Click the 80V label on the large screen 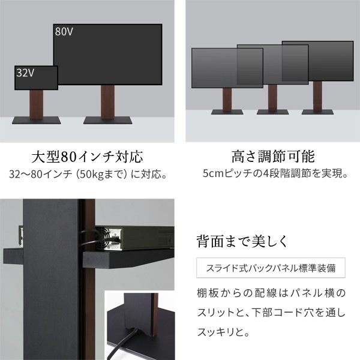click(64, 31)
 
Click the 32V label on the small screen click(25, 73)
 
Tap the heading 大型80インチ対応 click(87, 157)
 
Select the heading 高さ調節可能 click(273, 157)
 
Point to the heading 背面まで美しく click(242, 241)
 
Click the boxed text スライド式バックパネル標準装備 click(271, 268)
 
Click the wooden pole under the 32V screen click(36, 104)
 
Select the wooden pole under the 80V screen click(107, 102)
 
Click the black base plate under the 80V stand click(107, 121)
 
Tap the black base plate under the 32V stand click(36, 121)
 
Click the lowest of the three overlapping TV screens click(227, 68)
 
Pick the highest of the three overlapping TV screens click(318, 61)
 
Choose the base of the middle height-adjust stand click(272, 112)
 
